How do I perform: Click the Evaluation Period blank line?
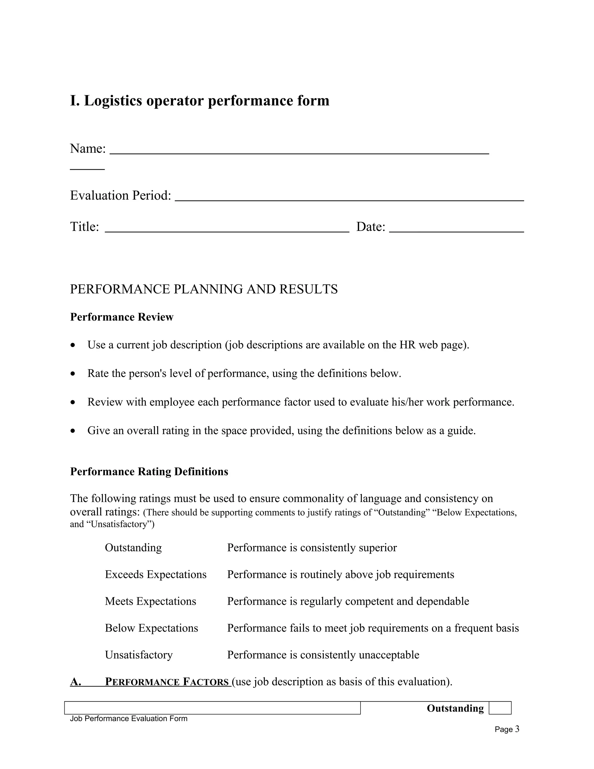[349, 200]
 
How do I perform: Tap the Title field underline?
[227, 231]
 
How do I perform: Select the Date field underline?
[457, 231]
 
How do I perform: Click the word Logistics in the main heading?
[113, 101]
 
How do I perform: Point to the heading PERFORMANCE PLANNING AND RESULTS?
[204, 289]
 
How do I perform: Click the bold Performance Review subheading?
[122, 317]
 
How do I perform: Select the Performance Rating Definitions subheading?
[149, 472]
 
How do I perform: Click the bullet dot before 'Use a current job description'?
[73, 345]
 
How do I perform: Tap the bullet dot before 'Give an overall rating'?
[73, 431]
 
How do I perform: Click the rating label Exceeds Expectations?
[155, 574]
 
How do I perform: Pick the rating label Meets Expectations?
[150, 601]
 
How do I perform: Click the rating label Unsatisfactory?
[139, 655]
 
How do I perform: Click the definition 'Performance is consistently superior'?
[312, 548]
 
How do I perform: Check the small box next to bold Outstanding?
[500, 708]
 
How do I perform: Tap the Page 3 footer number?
[507, 729]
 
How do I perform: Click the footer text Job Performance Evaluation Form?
[128, 719]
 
